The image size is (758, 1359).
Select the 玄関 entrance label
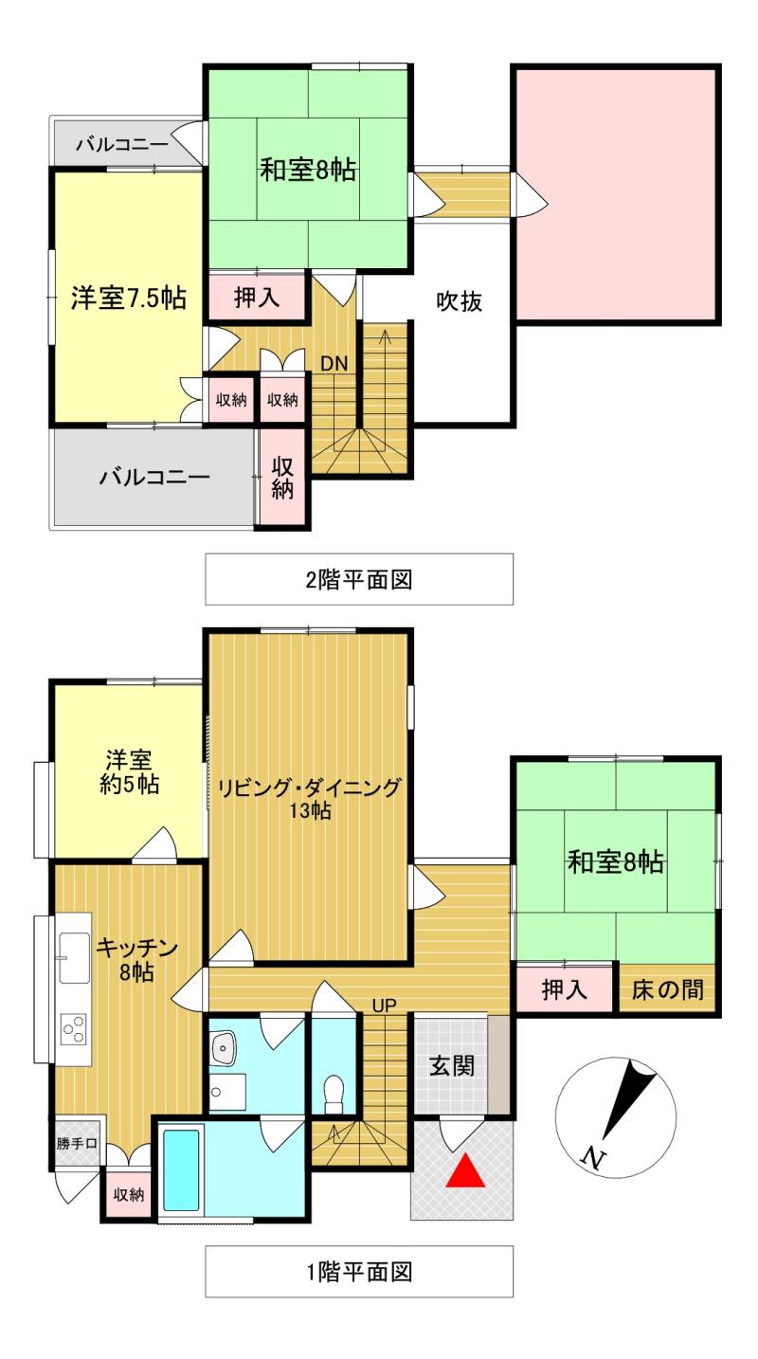tap(452, 1065)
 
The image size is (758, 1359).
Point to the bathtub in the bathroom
tap(181, 1169)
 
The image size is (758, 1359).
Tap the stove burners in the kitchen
tap(73, 1027)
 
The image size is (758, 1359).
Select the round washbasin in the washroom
tap(225, 1047)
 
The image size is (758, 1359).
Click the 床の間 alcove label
tap(668, 990)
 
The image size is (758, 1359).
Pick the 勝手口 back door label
tap(77, 1143)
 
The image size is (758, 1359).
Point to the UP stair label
tap(384, 1006)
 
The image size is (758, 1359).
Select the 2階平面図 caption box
tap(359, 579)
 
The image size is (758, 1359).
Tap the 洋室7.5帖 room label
tap(128, 298)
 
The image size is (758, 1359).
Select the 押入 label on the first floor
tap(565, 990)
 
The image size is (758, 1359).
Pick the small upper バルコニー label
tap(122, 144)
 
